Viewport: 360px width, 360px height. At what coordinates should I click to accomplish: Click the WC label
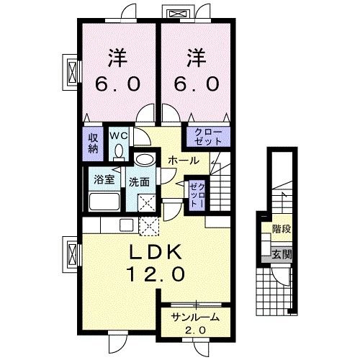click(x=118, y=136)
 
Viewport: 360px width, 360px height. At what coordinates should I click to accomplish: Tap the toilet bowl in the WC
click(x=119, y=153)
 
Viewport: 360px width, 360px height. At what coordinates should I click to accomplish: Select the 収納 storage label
click(x=93, y=143)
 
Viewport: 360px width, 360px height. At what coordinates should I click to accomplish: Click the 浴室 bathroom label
click(x=104, y=179)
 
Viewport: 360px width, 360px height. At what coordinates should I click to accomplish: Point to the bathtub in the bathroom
click(x=104, y=202)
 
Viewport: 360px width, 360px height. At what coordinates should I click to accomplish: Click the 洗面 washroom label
click(x=139, y=182)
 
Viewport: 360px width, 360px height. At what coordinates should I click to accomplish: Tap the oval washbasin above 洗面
click(x=144, y=159)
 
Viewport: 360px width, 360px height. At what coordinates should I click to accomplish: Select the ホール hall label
click(x=184, y=161)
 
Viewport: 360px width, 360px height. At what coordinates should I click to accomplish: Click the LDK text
click(x=156, y=252)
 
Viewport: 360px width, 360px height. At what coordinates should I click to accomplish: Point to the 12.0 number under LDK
click(x=156, y=274)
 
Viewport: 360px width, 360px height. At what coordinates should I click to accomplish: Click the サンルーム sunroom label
click(x=195, y=318)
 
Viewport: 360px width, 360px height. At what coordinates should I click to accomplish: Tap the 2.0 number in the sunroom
click(x=195, y=330)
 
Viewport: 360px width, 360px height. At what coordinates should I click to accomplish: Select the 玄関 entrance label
click(x=282, y=254)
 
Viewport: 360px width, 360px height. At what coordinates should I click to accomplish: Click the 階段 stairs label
click(x=282, y=229)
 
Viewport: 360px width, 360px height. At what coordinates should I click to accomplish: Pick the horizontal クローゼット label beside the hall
click(x=208, y=137)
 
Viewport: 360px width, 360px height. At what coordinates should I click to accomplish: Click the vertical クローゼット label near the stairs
click(x=197, y=195)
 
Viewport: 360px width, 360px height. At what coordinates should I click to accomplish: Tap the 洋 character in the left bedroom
click(x=117, y=58)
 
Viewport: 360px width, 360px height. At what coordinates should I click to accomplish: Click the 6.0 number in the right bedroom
click(x=197, y=84)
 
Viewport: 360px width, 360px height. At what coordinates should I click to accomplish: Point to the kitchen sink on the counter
click(x=127, y=225)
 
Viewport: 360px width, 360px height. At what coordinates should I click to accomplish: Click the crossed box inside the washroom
click(x=147, y=203)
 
